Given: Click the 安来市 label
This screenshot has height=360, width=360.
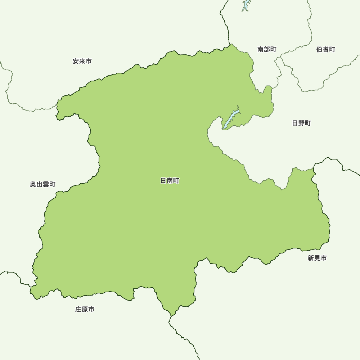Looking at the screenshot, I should [x=82, y=61].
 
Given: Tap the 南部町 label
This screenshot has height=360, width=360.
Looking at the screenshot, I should [x=267, y=49].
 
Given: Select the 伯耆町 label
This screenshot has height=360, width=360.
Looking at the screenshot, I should [x=326, y=49].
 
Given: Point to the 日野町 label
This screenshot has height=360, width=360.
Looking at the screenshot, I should [x=301, y=123].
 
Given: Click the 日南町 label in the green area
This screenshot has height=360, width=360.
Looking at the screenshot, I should [x=170, y=181].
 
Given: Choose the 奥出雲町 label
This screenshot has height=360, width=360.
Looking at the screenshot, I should [x=42, y=184].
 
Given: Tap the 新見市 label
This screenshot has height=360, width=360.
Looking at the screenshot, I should [x=317, y=258].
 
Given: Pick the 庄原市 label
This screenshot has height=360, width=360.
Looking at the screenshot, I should [x=85, y=309].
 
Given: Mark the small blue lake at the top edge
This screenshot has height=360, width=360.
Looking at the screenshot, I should [x=246, y=5].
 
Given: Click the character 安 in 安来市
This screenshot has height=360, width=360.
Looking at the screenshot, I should [x=76, y=61].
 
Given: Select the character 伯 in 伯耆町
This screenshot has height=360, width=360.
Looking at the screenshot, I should [x=320, y=49].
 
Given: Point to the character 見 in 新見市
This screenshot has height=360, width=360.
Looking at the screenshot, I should [x=317, y=258].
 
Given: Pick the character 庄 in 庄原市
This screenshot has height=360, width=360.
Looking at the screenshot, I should [x=79, y=309].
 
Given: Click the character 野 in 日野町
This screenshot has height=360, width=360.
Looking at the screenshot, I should [x=301, y=123].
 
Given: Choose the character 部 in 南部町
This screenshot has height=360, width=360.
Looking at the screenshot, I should [x=267, y=49].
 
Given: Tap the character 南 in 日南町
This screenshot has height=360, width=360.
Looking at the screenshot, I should [x=170, y=181].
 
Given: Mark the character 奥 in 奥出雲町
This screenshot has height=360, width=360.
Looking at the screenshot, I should [x=33, y=184].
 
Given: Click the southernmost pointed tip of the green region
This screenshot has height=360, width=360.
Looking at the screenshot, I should [x=172, y=316].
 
